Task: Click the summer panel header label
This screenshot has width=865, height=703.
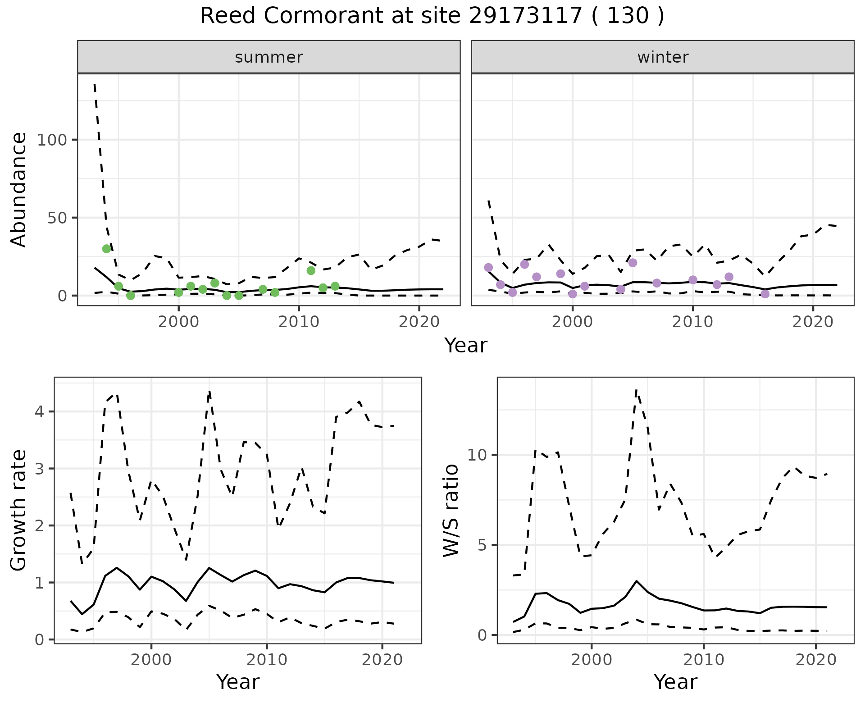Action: [x=269, y=57]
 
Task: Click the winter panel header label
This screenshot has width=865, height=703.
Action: [x=663, y=57]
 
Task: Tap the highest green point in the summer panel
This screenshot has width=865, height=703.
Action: [x=106, y=249]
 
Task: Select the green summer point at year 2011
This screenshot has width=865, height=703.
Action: [x=311, y=270]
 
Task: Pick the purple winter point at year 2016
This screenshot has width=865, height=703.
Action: [x=765, y=294]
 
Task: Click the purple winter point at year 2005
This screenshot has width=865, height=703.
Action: [x=633, y=263]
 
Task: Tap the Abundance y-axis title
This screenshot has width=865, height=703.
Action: [x=19, y=189]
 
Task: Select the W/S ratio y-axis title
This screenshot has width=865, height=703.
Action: [x=451, y=511]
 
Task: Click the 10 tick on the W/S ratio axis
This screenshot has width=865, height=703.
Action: [x=478, y=455]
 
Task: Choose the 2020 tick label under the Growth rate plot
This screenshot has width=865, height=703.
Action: [x=382, y=660]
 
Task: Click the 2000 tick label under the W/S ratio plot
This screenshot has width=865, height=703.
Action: [x=591, y=660]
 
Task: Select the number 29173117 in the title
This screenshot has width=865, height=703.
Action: [x=526, y=16]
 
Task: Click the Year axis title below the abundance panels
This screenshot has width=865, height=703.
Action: [x=466, y=346]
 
